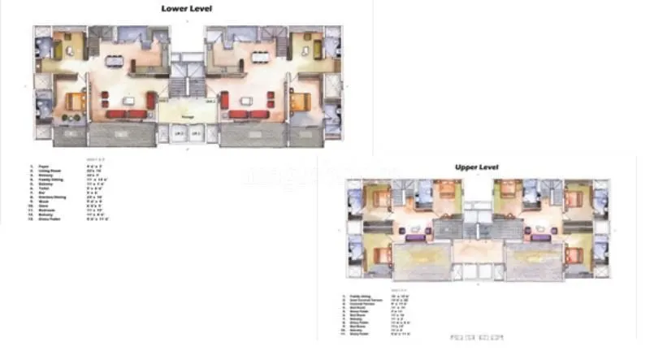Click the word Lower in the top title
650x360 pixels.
174,9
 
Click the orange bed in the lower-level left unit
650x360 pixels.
75,102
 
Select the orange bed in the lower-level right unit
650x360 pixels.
301,102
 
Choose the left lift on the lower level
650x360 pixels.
178,132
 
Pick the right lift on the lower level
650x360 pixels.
197,132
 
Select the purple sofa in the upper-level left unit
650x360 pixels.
414,237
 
